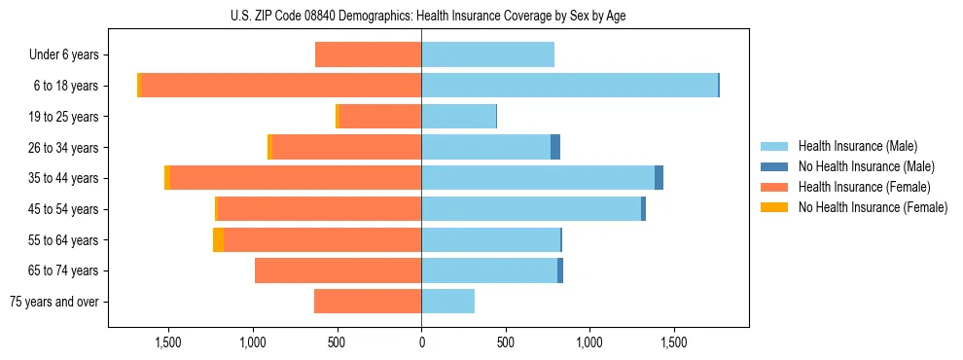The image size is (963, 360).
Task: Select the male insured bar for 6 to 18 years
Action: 569,86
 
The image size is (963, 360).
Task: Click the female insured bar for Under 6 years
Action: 368,54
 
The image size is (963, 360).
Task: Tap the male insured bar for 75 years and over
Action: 447,302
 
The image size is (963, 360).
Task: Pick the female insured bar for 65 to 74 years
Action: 338,270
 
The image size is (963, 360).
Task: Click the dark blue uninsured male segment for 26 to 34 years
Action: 555,147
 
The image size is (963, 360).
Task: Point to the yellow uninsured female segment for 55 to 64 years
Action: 218,240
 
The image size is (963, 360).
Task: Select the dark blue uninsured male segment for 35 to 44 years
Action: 659,178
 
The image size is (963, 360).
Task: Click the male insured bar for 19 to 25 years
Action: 458,117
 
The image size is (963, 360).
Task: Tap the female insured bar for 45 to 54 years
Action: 319,209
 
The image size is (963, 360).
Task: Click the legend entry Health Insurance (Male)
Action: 856,146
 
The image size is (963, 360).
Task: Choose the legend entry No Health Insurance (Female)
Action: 873,207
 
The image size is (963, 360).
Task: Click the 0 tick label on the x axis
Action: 421,343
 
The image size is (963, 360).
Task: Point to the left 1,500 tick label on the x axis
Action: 168,343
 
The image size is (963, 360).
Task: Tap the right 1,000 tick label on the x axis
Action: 589,343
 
